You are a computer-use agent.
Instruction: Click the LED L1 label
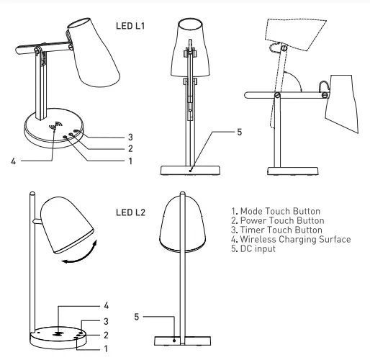(x=130, y=26)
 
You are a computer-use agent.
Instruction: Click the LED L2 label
(x=130, y=213)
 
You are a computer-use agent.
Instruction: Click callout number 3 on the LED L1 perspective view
(x=130, y=137)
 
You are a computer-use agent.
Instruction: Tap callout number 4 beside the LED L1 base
(x=13, y=161)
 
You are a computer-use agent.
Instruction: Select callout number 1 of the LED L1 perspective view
(x=130, y=161)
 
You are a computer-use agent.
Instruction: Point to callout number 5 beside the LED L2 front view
(x=137, y=316)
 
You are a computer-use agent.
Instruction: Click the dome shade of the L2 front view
(x=184, y=224)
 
